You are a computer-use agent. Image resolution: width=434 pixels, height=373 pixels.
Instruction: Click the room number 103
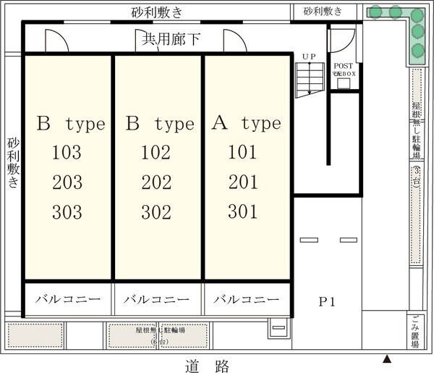tap(67, 153)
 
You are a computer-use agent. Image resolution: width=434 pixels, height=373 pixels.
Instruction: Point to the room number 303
tap(67, 213)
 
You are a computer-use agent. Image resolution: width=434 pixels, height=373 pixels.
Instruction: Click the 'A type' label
tap(246, 123)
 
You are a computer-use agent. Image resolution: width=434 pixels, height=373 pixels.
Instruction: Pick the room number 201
tap(243, 183)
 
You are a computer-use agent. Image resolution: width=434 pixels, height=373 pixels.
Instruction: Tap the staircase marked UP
tap(309, 77)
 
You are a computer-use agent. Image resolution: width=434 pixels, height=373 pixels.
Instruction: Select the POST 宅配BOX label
tap(343, 68)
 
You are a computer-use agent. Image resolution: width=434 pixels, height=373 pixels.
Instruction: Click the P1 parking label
tap(328, 301)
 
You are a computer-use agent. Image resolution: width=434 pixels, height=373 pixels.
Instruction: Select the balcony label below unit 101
tap(246, 299)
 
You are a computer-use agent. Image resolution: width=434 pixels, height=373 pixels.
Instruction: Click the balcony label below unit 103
tap(67, 299)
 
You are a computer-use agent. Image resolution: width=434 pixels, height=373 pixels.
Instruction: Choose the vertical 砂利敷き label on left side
tap(14, 164)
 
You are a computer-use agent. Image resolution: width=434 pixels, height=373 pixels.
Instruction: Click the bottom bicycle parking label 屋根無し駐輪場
tap(157, 332)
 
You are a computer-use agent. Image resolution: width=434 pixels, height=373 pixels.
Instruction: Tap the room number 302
tap(156, 213)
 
